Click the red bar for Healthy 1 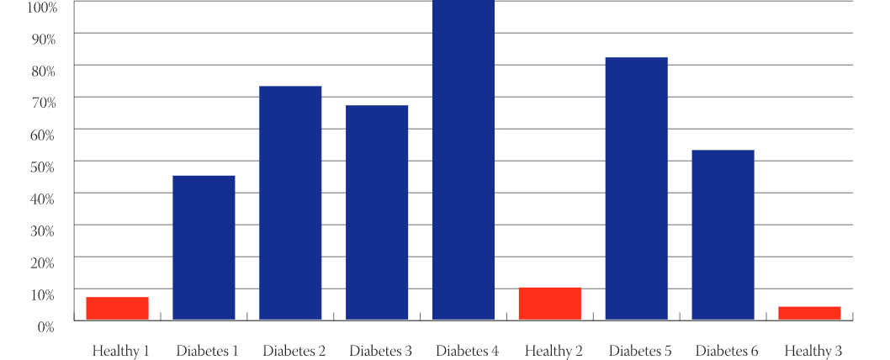click(117, 308)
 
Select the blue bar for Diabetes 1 click(204, 247)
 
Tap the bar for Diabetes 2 click(290, 203)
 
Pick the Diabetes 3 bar click(377, 212)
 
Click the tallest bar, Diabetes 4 click(464, 160)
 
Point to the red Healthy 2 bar click(550, 304)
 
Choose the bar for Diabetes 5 click(637, 188)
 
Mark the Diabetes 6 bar click(723, 235)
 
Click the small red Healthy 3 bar click(809, 313)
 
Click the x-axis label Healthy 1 click(120, 351)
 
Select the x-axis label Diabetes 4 click(467, 351)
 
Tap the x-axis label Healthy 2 click(554, 351)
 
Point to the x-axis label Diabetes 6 click(727, 351)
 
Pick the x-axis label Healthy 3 click(813, 351)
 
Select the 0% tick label click(45, 326)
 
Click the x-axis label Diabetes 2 click(294, 351)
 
